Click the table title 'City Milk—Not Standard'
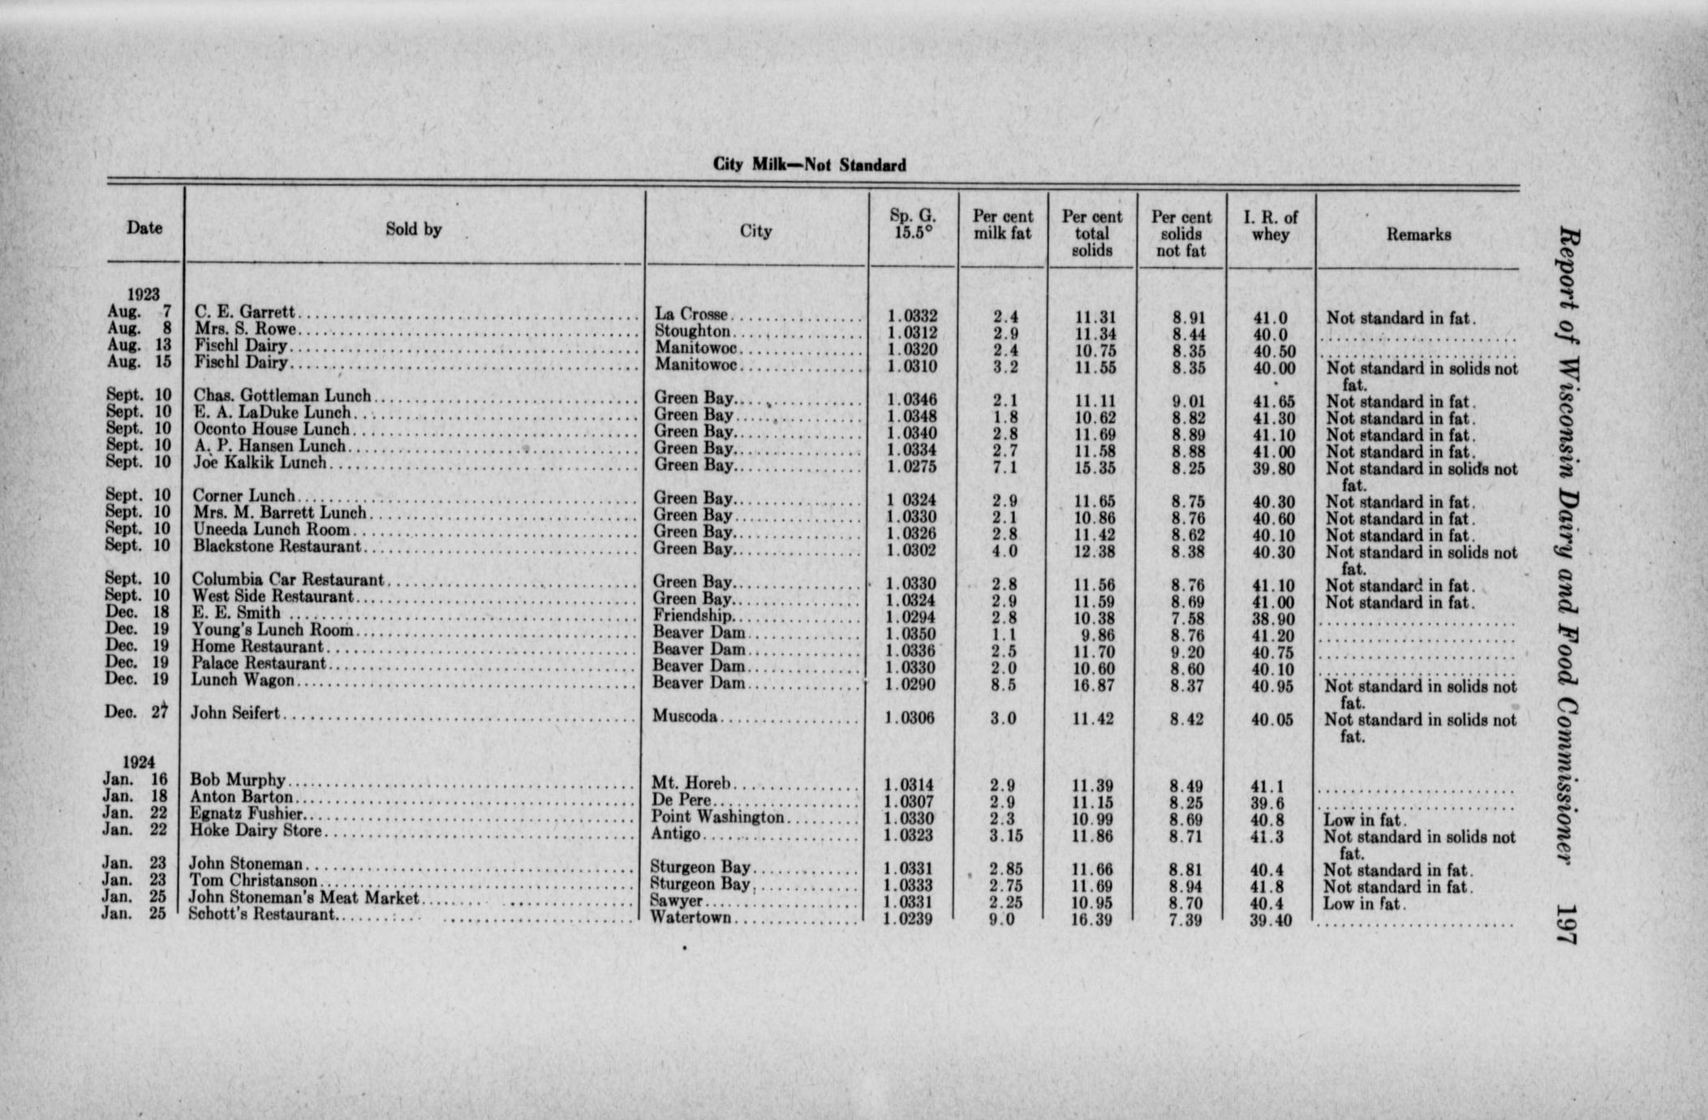[809, 165]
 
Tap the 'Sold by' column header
[413, 230]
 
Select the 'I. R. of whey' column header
[1270, 226]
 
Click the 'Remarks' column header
[1418, 235]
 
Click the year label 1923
[144, 294]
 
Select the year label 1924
[139, 762]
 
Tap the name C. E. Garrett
[245, 312]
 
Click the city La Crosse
[691, 315]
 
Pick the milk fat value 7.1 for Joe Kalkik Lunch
[1003, 467]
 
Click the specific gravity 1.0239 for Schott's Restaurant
[908, 920]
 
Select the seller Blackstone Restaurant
[277, 546]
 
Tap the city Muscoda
[685, 717]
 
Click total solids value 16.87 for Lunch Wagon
[1092, 686]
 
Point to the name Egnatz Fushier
[247, 813]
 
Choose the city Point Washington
[718, 817]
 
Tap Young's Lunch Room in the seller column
[273, 630]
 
